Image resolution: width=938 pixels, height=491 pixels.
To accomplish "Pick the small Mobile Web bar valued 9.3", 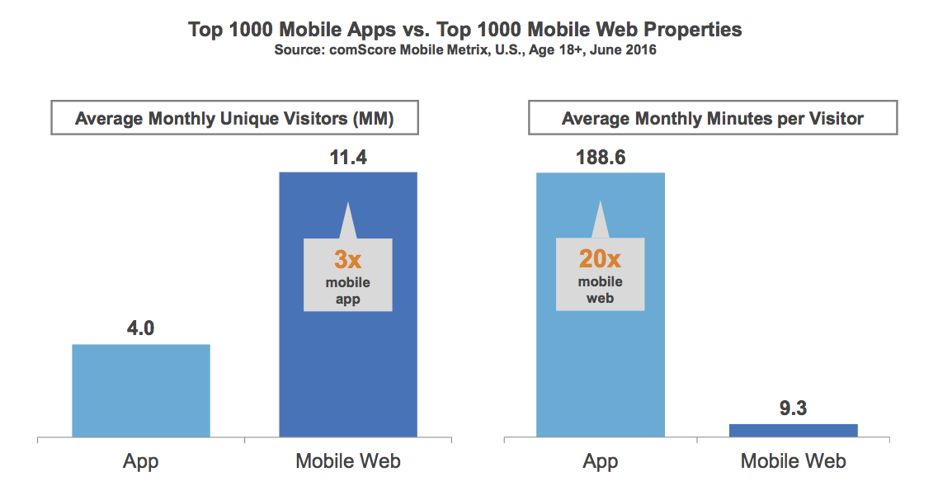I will point(794,430).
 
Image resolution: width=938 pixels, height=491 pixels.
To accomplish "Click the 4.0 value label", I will point(141,328).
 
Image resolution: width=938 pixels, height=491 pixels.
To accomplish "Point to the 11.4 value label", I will point(347,156).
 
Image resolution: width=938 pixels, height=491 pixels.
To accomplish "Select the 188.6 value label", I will point(600,156).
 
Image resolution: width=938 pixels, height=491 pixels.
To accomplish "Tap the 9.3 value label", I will point(794,408).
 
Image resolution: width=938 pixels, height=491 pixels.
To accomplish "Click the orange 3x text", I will point(347,261).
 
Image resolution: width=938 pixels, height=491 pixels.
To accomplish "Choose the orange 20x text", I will point(600,259).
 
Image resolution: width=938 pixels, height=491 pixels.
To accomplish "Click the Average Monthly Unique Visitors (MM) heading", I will point(234,119).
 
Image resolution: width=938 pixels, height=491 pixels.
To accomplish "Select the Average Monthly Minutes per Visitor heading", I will point(713,119).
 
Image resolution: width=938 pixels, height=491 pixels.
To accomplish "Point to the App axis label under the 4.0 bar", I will point(141,460).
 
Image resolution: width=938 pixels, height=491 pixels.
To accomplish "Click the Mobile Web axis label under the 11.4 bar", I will point(348,460).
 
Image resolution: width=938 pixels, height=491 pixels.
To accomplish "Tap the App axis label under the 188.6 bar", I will point(600,460).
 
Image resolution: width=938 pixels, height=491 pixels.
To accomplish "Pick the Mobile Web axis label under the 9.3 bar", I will point(794,460).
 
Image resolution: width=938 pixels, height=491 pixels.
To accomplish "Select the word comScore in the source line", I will point(360,50).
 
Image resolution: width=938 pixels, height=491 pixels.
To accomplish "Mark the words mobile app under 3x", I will point(347,290).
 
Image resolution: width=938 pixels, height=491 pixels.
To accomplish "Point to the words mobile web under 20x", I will point(600,290).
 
